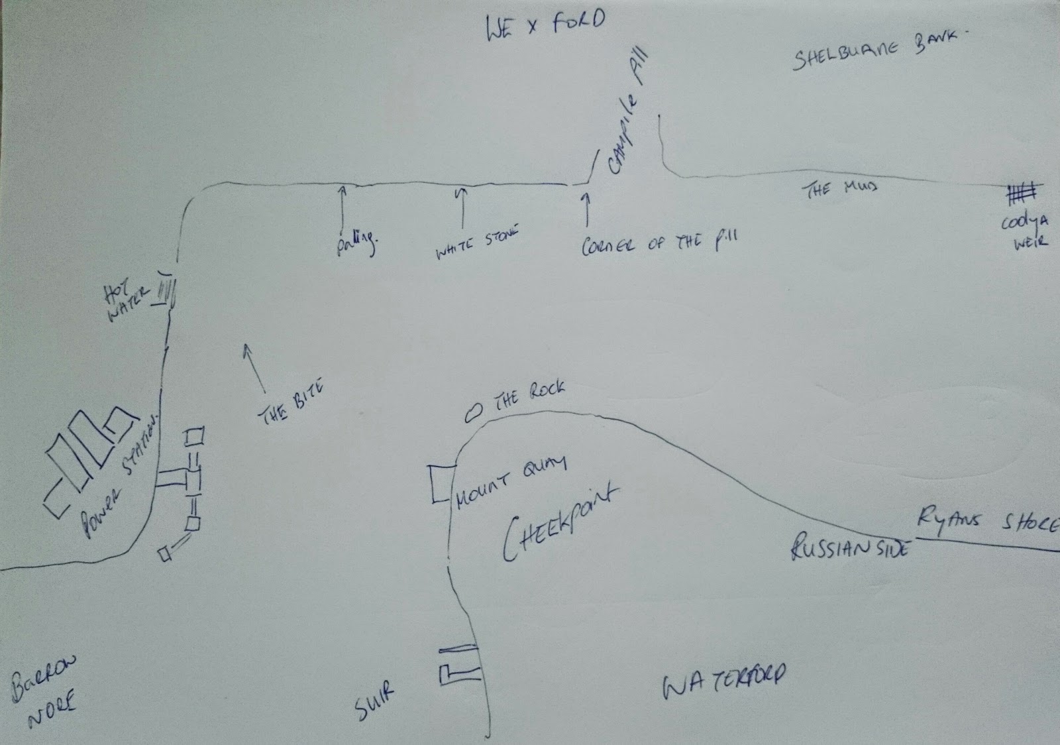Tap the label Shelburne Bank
[x=876, y=50]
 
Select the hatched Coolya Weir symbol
[x=1023, y=194]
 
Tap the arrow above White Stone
[x=462, y=207]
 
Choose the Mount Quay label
[x=510, y=483]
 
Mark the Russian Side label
[x=851, y=547]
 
